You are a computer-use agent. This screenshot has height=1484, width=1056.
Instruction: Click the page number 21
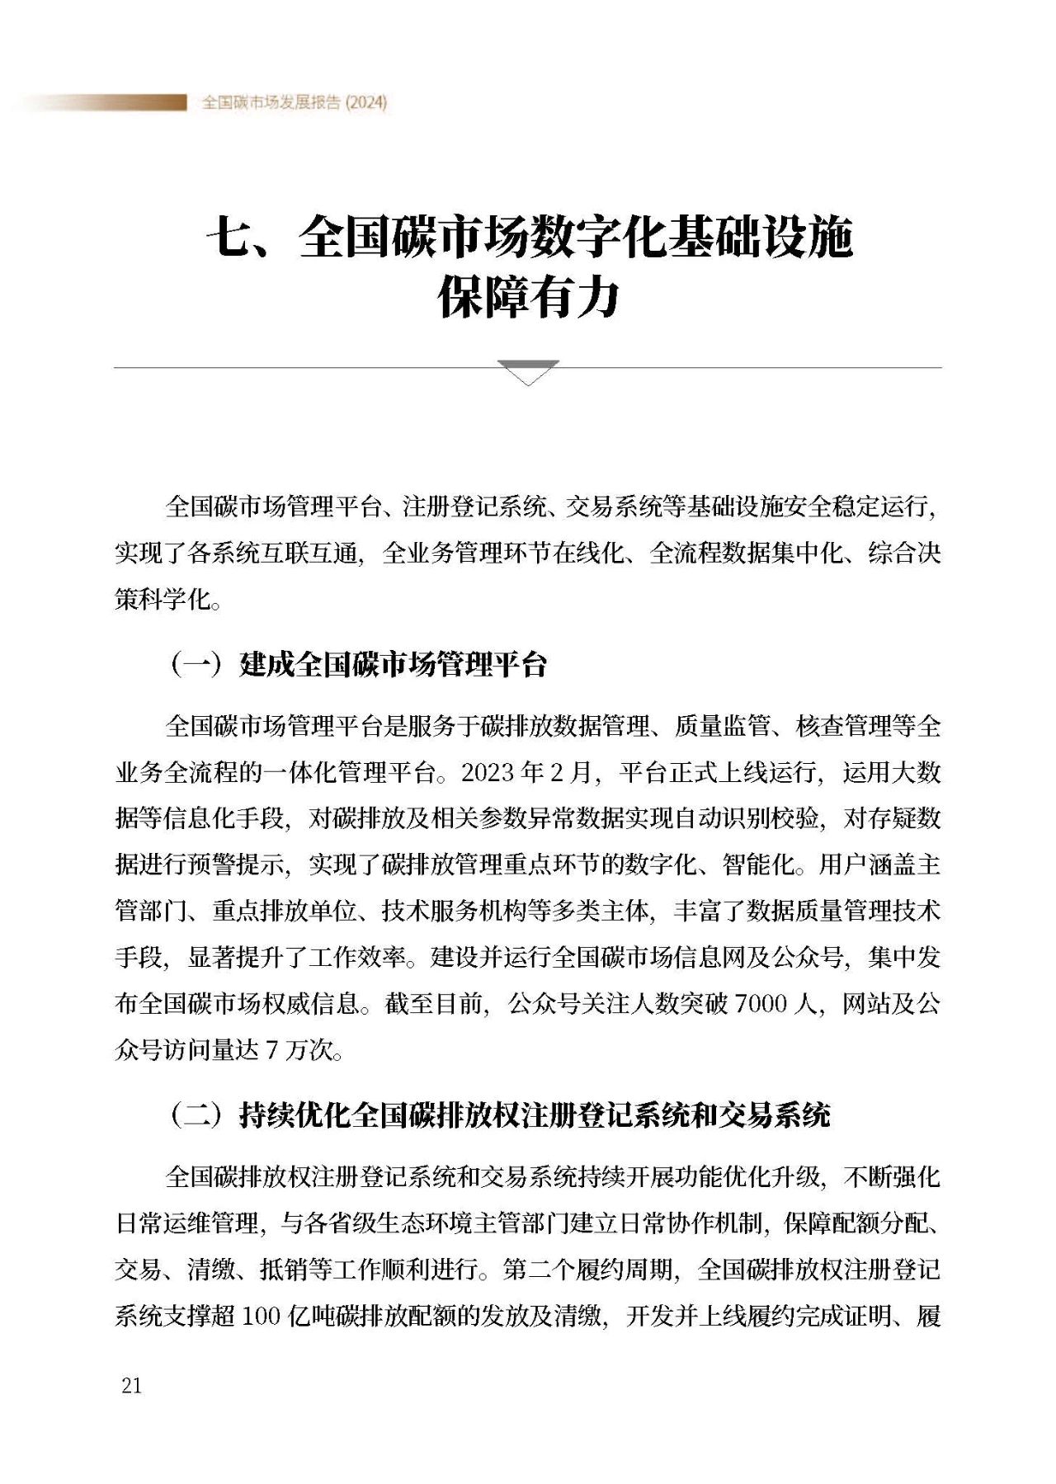(131, 1385)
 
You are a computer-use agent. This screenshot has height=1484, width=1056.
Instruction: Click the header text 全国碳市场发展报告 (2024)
(295, 102)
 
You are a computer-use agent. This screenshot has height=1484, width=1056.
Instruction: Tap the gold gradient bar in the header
(107, 102)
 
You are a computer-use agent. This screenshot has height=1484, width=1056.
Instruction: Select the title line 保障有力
(528, 298)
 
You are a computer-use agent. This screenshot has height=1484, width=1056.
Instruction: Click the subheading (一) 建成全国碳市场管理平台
(358, 664)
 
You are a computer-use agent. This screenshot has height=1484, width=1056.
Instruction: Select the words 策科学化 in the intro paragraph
(163, 599)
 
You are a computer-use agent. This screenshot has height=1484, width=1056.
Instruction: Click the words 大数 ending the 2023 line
(917, 772)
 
